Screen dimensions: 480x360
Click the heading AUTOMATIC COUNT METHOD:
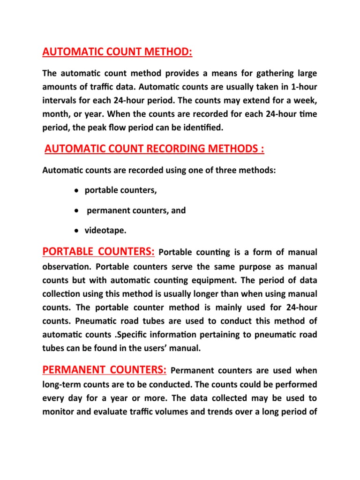[117, 51]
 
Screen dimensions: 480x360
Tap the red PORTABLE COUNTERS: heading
[98, 252]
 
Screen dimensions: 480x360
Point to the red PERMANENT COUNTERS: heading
[104, 370]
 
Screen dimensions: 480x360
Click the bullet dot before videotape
[76, 231]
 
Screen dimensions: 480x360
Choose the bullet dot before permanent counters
[76, 211]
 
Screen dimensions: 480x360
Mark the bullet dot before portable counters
[76, 191]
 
